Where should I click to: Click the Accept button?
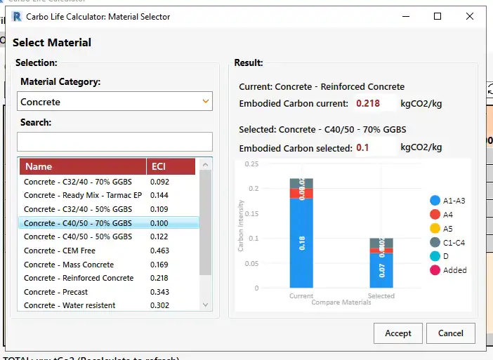point(398,333)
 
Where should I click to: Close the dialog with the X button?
point(472,16)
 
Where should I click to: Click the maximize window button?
point(438,16)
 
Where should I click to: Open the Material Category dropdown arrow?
point(206,102)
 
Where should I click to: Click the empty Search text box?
point(114,142)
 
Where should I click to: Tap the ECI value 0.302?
point(159,305)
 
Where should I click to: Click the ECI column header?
point(171,166)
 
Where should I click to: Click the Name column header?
point(83,166)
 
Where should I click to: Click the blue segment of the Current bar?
point(301,243)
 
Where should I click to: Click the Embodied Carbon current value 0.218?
point(368,104)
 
